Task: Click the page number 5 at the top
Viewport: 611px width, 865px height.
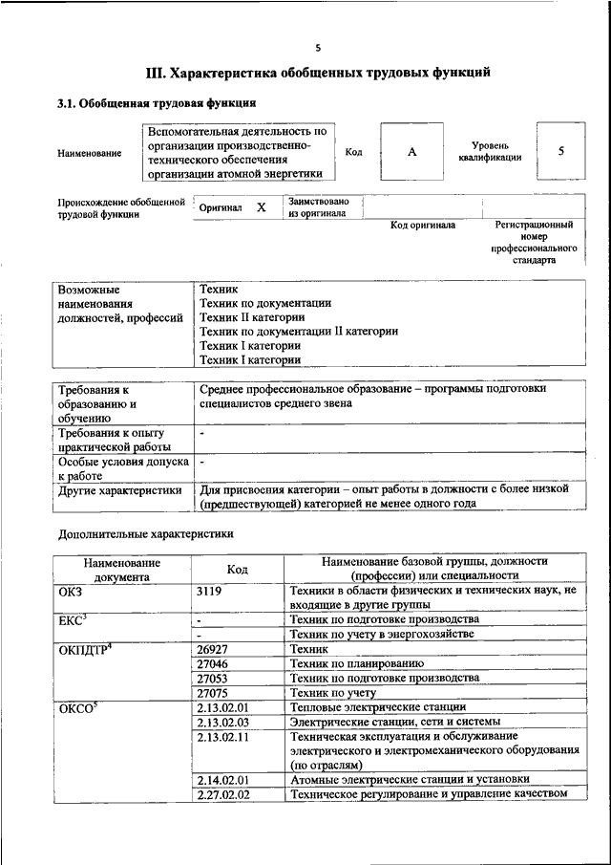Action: tap(318, 47)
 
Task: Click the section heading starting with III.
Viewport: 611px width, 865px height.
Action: tap(318, 72)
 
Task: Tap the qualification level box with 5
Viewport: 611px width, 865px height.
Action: tap(560, 151)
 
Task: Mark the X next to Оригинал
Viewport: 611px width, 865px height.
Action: tap(261, 206)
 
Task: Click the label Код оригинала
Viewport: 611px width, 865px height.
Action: tap(423, 226)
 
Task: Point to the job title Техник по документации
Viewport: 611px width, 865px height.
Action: tap(265, 303)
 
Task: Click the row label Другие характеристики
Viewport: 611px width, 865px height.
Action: tap(119, 489)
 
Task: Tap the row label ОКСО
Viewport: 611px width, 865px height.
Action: tap(78, 708)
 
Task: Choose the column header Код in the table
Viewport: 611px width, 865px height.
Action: tap(237, 569)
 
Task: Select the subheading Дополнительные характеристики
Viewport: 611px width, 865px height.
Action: tap(145, 533)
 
